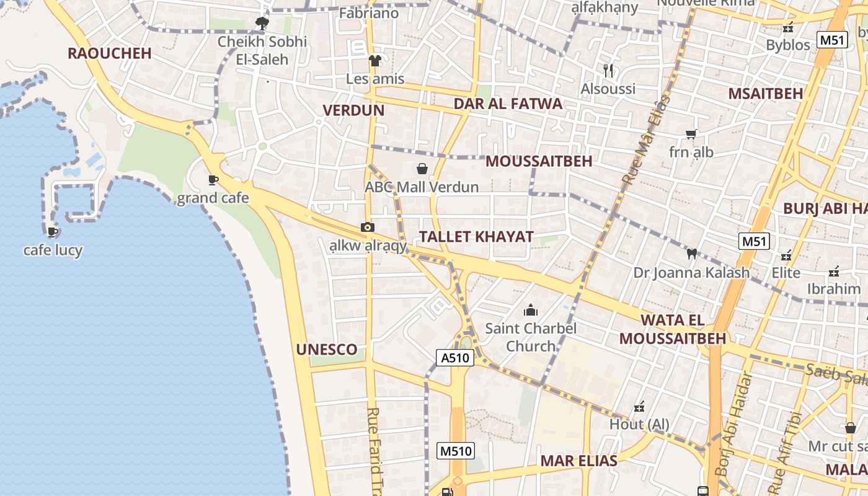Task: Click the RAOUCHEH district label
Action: point(110,53)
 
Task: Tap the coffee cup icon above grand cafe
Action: point(213,180)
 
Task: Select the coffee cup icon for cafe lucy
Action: point(53,232)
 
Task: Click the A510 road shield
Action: point(455,358)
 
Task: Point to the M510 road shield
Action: point(456,451)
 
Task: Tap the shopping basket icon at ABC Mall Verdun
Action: point(422,169)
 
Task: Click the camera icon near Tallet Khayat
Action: point(368,228)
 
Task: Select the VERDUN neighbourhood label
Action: point(353,111)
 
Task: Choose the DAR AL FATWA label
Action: point(508,104)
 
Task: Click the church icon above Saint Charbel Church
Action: point(531,310)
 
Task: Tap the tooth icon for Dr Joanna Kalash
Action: point(691,254)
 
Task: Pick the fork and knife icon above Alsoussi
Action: point(608,71)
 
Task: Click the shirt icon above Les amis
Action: point(374,60)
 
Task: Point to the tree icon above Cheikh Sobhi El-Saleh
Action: point(262,24)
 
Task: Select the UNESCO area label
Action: point(327,350)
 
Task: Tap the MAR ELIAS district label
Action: point(578,461)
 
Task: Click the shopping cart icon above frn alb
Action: point(691,134)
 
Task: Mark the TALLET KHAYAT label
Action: point(476,237)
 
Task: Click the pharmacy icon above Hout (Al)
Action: point(639,407)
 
